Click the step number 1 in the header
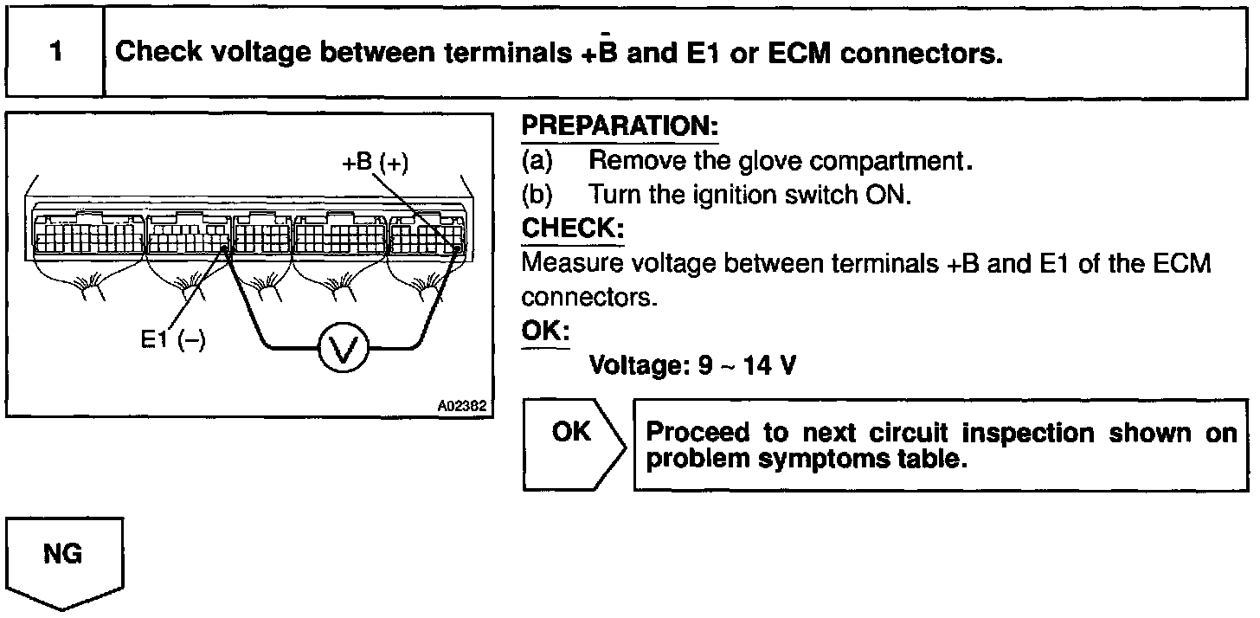tap(55, 52)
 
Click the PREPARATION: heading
tap(620, 127)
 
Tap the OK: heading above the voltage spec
tap(545, 332)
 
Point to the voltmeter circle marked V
tap(344, 350)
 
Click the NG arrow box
tap(65, 558)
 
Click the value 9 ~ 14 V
tap(747, 366)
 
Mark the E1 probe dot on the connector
tap(224, 249)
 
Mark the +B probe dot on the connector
tap(457, 248)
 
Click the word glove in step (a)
tap(763, 161)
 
